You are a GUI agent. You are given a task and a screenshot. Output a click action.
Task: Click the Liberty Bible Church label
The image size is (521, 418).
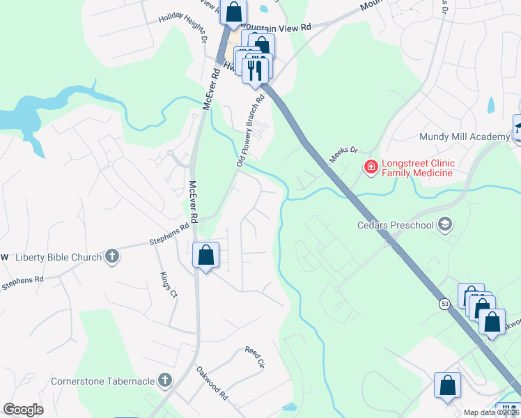pos(59,258)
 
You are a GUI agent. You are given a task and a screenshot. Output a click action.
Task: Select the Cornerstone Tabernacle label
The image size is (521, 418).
pos(102,381)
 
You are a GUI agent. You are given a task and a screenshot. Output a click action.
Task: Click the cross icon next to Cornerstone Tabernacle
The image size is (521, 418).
pos(164,380)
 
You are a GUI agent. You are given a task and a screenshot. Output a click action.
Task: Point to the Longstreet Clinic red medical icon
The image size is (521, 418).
pos(371,167)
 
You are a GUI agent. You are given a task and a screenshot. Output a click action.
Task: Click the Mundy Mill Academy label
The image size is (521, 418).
pos(464,137)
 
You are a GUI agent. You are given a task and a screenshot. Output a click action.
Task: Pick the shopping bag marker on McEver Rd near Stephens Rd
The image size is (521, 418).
pos(206,256)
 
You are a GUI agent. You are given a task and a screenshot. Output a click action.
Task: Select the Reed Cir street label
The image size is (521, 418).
pos(255,357)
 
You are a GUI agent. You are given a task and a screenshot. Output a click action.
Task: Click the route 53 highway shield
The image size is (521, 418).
pos(444,304)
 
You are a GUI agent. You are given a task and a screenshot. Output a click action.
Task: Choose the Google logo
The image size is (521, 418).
pos(24,410)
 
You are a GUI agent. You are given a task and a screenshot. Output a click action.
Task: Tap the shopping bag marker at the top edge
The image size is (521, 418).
pos(234,12)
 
